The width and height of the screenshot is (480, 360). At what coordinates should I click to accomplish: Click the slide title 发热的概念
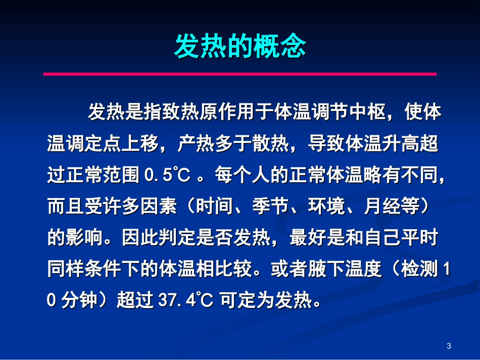tap(240, 46)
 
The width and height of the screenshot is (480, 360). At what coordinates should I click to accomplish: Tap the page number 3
tap(449, 346)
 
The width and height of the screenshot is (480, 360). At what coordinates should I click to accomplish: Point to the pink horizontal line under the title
tap(240, 74)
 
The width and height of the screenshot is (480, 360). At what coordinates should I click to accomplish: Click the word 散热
tap(271, 144)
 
